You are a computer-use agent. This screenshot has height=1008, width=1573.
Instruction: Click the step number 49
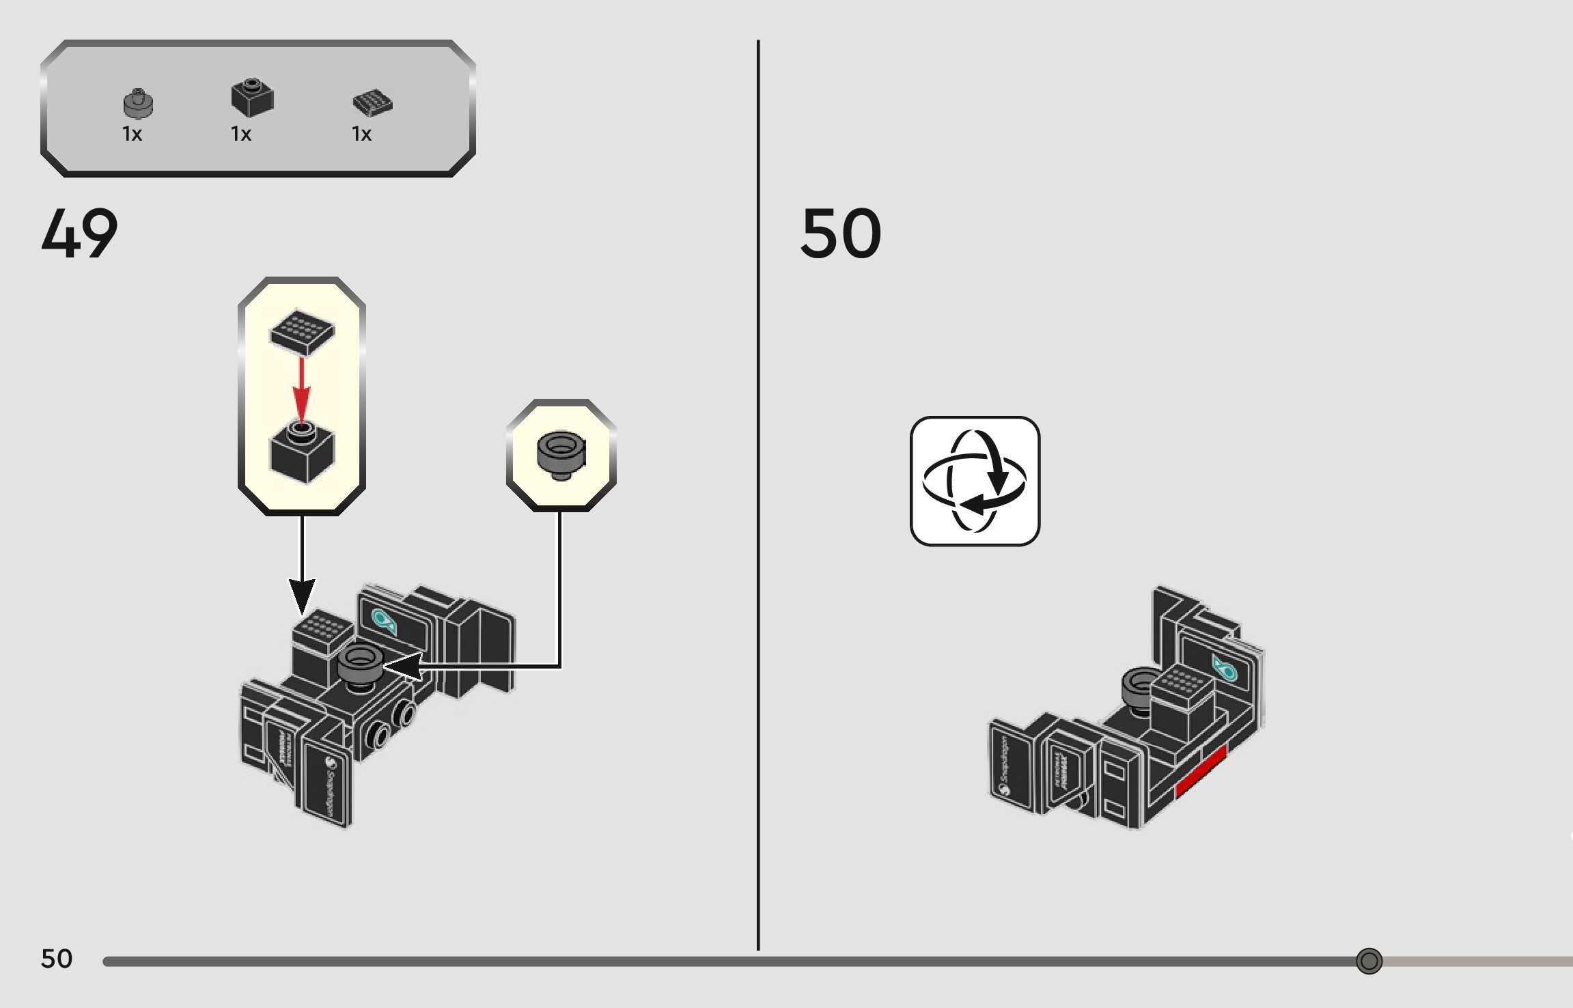(79, 234)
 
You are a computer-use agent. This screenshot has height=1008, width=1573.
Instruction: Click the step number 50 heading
(841, 234)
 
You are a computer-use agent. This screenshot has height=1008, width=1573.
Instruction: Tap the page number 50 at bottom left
(57, 959)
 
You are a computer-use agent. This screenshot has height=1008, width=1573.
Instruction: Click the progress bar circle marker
(1369, 961)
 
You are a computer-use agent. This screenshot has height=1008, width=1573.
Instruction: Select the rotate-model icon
(975, 481)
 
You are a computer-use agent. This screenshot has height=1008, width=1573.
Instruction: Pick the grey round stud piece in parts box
(138, 104)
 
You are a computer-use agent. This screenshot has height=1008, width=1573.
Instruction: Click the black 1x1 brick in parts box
(252, 98)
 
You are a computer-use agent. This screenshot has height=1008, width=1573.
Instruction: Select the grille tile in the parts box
(372, 102)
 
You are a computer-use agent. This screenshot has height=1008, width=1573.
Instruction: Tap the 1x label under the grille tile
(361, 134)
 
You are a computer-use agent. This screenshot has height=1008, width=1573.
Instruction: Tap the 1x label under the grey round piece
(132, 134)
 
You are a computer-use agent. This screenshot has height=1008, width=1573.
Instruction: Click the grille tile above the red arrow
(302, 331)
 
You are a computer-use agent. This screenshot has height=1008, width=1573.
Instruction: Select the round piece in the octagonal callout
(561, 453)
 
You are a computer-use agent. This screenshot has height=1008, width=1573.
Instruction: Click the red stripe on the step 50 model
(1201, 770)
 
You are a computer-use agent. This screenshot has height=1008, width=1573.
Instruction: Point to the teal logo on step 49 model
(383, 621)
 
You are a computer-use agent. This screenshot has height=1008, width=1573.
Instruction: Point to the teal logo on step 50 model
(1224, 668)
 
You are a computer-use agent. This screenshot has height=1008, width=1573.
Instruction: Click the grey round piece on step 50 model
(1138, 686)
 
